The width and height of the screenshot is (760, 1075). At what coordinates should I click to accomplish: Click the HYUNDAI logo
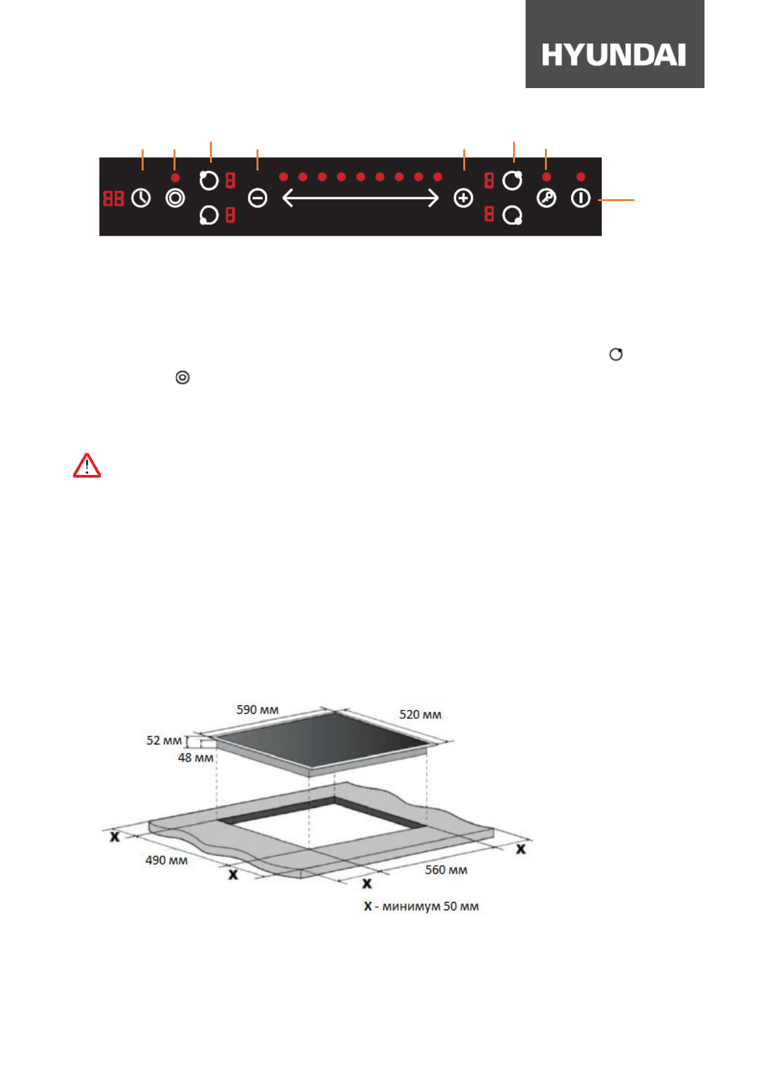pyautogui.click(x=614, y=55)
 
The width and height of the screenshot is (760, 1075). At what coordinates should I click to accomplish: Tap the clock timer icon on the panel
pyautogui.click(x=140, y=198)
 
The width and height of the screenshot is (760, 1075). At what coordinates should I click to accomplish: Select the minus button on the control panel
pyautogui.click(x=258, y=198)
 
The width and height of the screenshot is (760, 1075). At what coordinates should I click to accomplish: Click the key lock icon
pyautogui.click(x=546, y=198)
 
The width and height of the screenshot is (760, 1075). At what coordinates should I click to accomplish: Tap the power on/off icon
pyautogui.click(x=581, y=198)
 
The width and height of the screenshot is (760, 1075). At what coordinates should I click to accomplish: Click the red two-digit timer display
pyautogui.click(x=114, y=198)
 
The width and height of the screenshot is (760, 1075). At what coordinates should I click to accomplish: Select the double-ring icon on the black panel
pyautogui.click(x=175, y=198)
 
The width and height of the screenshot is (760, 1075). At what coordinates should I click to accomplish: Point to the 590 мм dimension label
pyautogui.click(x=258, y=709)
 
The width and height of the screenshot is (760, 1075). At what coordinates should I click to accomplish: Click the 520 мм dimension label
pyautogui.click(x=421, y=714)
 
